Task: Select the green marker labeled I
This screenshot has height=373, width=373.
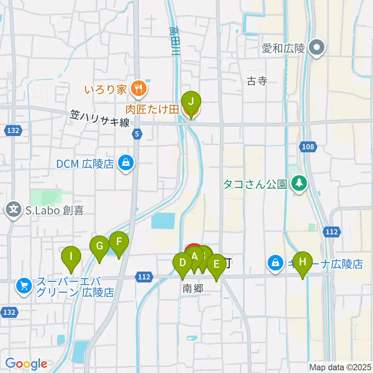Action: (71, 257)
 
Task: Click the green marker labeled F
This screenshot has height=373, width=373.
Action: (119, 242)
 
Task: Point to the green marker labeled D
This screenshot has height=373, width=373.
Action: (182, 263)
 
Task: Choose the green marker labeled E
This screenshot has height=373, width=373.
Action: (216, 265)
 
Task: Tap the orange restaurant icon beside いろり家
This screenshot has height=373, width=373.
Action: (138, 89)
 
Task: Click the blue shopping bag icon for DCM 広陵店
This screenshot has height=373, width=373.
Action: (126, 163)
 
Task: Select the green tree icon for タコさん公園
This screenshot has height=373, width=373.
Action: (299, 183)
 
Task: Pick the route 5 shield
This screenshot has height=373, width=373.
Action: (137, 134)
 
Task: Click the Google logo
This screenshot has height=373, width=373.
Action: (26, 364)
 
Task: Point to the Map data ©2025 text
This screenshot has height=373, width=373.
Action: (340, 367)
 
